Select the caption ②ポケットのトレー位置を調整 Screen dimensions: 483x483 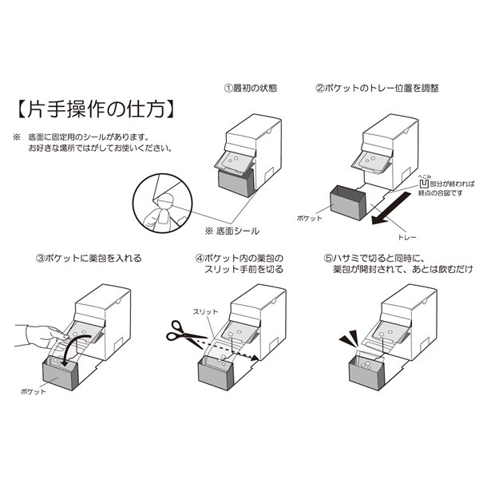click(x=377, y=88)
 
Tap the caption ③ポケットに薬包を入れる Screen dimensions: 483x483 click(x=89, y=258)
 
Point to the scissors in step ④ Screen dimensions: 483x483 click(x=183, y=331)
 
